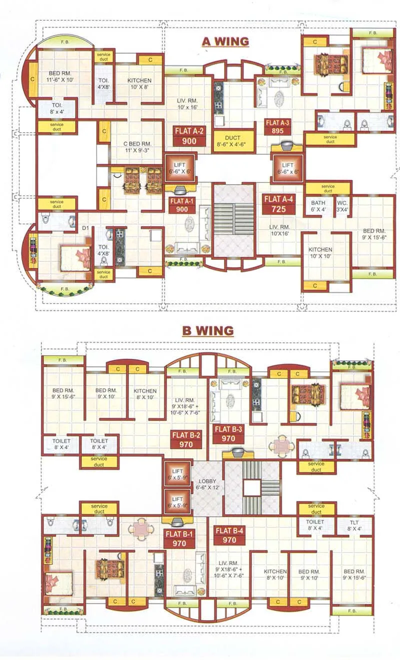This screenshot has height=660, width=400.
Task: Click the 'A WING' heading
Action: coord(225,41)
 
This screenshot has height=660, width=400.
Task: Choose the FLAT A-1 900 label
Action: coord(181,206)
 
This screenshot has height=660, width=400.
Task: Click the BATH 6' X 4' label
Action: coord(318,206)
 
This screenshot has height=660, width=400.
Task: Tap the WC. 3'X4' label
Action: coord(342,206)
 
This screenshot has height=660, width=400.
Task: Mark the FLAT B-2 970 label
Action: coord(186,439)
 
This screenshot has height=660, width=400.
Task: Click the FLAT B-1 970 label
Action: coord(175,538)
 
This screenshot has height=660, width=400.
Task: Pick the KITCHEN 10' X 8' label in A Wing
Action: coord(139,84)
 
